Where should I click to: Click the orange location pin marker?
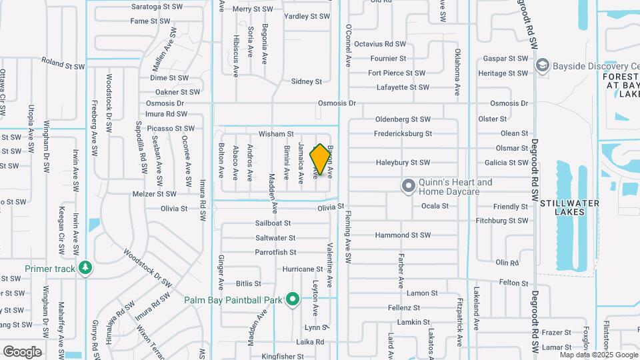(321, 159)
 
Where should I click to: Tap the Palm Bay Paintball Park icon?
(292, 300)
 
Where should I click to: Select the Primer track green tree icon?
(85, 269)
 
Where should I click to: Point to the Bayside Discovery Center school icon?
(542, 66)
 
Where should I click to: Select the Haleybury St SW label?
(403, 162)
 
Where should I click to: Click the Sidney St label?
(307, 81)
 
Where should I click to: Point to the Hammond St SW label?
(403, 235)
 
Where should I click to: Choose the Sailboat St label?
(273, 223)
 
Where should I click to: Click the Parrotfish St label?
(275, 252)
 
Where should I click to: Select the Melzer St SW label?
(155, 194)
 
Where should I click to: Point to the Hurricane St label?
(303, 269)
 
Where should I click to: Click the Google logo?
(22, 351)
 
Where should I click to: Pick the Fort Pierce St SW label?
(396, 73)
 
